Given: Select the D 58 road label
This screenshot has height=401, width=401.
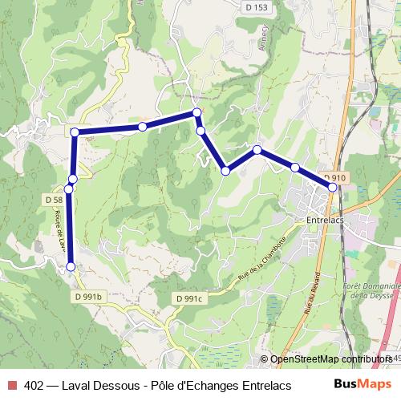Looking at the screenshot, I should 55,199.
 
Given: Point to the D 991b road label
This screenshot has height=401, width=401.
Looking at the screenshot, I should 89,297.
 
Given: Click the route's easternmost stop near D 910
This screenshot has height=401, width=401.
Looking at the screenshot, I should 333,187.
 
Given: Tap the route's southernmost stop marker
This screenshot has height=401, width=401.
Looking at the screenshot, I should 71,266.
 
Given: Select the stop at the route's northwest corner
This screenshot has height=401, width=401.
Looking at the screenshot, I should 74,132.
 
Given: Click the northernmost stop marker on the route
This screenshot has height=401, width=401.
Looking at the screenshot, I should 196,113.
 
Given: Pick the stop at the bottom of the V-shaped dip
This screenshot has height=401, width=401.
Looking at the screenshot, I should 226,170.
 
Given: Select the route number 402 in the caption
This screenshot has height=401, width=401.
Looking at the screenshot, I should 34,383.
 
